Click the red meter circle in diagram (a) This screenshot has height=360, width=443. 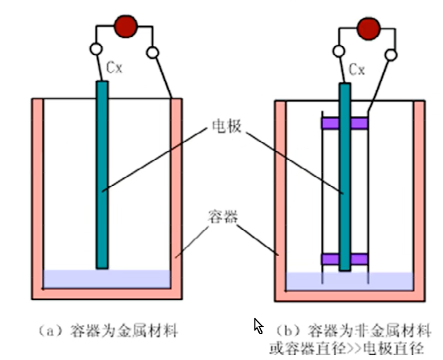126,26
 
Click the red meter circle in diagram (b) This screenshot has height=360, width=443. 368,28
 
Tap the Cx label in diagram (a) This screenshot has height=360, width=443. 114,68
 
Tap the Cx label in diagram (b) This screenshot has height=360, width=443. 357,70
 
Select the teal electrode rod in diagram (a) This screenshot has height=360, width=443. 102,175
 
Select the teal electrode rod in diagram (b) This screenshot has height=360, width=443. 345,177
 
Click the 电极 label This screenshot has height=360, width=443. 227,126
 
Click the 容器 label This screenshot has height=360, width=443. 223,217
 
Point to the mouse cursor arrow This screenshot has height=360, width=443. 258,326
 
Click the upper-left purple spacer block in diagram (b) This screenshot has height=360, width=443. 331,124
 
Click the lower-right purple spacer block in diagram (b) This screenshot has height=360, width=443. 359,259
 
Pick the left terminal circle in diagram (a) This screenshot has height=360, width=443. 96,49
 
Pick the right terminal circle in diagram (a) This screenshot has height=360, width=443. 153,52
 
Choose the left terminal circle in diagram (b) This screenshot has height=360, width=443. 339,51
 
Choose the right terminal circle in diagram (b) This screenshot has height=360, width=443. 391,55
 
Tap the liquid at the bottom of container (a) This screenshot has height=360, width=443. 107,279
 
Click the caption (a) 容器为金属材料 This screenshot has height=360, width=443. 108,331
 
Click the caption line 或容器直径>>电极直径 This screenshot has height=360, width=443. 346,349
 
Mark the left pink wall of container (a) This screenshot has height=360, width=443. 37,198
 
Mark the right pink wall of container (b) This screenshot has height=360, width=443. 419,201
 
